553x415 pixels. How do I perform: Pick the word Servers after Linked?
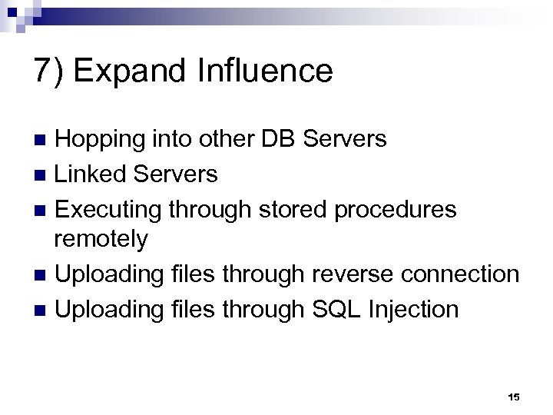[176, 174]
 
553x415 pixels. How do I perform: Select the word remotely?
[101, 240]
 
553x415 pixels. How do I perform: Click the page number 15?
[514, 396]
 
